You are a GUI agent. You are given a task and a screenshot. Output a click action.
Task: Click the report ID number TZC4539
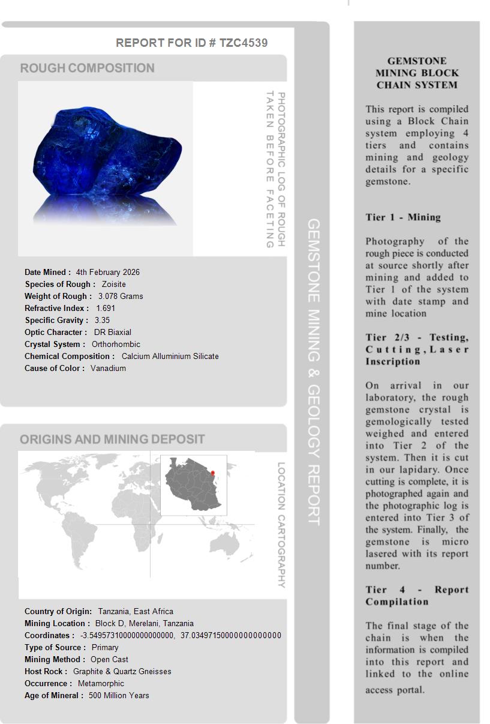pos(244,43)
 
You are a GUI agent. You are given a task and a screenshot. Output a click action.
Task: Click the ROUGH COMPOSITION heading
pos(88,68)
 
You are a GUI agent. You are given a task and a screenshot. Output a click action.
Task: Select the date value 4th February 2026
pos(108,272)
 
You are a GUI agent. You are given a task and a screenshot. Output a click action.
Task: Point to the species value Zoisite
pos(114,284)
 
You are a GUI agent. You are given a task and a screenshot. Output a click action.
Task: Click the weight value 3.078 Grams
pos(121,296)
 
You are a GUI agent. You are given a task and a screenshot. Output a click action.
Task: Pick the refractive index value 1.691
pos(106,308)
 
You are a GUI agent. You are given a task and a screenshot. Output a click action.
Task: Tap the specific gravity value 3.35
pos(102,320)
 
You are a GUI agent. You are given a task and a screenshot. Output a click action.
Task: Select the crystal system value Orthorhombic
pos(116,344)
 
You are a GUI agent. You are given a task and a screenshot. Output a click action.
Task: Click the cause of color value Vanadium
pos(108,368)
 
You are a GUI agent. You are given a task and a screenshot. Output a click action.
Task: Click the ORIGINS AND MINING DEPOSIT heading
pos(112,439)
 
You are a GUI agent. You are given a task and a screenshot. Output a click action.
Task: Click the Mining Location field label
pos(58,623)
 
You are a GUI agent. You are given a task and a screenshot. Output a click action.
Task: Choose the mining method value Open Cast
pos(110,659)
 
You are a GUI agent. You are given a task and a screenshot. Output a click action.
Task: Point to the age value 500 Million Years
pos(119,695)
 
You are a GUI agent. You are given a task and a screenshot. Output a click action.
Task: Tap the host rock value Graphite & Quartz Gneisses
pos(122,671)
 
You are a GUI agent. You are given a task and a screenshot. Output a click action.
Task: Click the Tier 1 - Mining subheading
pos(403,217)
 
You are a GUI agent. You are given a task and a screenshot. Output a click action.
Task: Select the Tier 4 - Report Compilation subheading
pos(417,596)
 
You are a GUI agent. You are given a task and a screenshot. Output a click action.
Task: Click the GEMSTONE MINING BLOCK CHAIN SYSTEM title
pos(417,73)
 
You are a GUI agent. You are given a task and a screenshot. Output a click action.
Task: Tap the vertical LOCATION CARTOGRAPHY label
pos(281,525)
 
